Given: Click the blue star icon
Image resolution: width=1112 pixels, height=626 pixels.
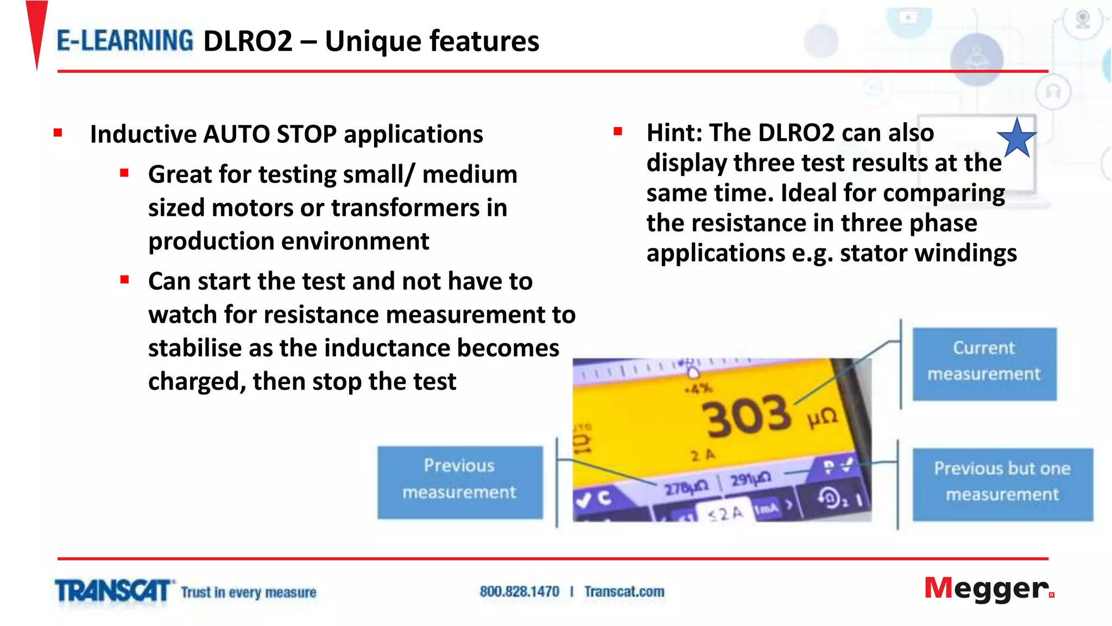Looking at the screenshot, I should click(x=1017, y=139).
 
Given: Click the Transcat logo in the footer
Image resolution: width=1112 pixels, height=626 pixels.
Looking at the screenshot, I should click(x=113, y=591).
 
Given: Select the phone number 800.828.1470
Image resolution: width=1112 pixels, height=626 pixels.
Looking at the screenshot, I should click(x=519, y=592).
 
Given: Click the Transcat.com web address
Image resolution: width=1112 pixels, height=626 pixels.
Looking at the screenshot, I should click(x=624, y=592).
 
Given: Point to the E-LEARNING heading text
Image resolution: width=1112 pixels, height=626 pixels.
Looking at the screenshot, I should click(x=125, y=41).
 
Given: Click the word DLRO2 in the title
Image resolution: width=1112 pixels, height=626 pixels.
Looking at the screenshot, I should click(x=248, y=41).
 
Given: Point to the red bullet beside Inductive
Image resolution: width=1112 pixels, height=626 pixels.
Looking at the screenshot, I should click(x=58, y=133).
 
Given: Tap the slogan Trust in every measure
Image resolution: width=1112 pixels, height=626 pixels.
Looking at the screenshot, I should click(x=248, y=592).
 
